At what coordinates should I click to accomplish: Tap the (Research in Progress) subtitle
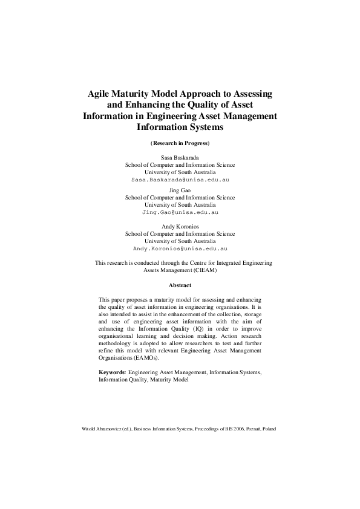[180, 143]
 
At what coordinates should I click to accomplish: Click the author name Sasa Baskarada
[180, 157]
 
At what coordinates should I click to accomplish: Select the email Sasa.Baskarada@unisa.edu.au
[180, 180]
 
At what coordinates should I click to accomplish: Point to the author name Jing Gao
[180, 190]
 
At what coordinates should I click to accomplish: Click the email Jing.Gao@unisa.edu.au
[180, 213]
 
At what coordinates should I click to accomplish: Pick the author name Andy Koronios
[180, 226]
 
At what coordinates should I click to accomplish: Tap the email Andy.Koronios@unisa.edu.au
[180, 248]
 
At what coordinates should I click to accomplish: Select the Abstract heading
[180, 285]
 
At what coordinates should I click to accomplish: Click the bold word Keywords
[112, 373]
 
